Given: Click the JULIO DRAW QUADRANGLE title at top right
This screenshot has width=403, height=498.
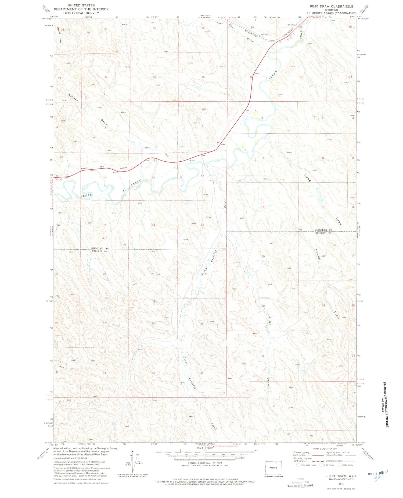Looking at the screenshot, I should click(331, 6).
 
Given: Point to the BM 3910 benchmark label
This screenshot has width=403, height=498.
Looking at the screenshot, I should click(292, 25).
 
